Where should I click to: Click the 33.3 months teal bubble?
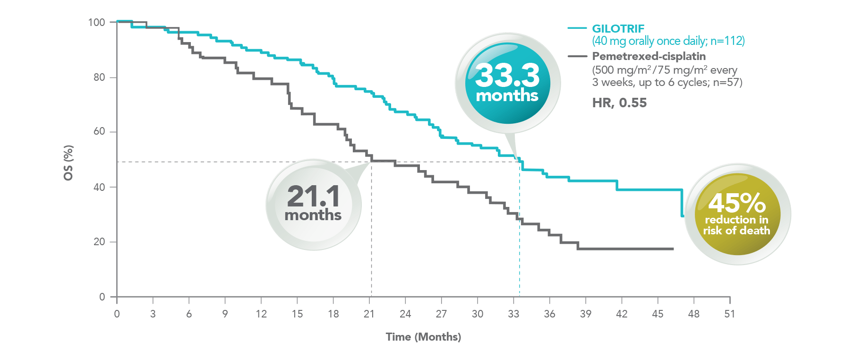point(507,83)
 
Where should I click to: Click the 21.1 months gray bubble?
point(314,204)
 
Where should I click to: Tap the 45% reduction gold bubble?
point(737,214)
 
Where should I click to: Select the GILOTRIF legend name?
point(618,29)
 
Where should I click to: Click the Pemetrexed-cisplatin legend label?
point(649,56)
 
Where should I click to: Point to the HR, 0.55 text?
point(619,103)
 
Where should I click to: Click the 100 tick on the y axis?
point(96,22)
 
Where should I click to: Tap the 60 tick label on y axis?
point(99,131)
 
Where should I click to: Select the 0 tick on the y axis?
point(102,297)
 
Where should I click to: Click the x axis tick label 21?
point(369,314)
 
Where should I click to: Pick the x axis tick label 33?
point(513,314)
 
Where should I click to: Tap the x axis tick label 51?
point(729,314)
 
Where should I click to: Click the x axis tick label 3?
point(153,314)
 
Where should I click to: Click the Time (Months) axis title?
point(423,337)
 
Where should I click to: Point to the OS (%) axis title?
point(68,163)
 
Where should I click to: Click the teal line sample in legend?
point(577,28)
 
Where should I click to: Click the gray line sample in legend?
point(577,56)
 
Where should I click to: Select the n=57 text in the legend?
point(727,82)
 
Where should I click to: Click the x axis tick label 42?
point(622,314)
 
